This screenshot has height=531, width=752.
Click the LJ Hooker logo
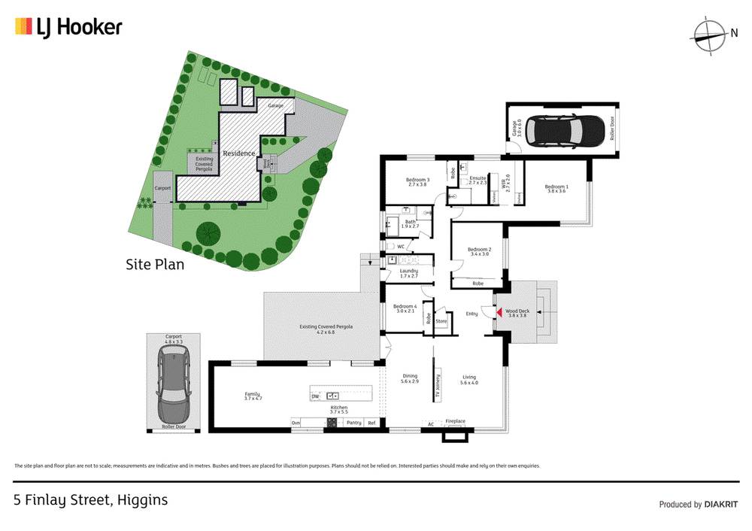click(68, 28)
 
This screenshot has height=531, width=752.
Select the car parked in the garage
click(562, 130)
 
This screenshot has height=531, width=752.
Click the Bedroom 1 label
click(556, 188)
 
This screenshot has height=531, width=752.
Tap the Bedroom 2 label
click(479, 252)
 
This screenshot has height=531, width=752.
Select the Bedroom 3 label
click(417, 182)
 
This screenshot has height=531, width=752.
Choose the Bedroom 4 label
click(405, 308)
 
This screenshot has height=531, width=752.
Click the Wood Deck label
click(517, 313)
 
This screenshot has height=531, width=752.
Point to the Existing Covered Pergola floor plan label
click(326, 329)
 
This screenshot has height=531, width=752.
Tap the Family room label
click(251, 396)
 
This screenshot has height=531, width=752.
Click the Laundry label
click(408, 272)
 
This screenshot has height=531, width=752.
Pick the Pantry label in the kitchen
click(353, 423)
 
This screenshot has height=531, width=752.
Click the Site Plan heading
click(154, 265)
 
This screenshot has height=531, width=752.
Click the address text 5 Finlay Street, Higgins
click(91, 499)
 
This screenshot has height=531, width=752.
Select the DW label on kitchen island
click(316, 395)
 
